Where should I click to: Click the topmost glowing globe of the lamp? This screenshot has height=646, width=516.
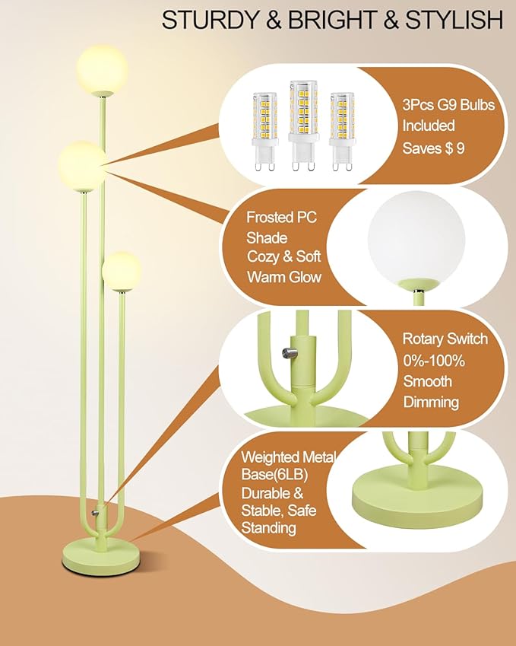[102, 68]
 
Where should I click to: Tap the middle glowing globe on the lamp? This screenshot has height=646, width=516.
[83, 164]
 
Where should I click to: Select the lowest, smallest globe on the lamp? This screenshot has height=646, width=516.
[122, 271]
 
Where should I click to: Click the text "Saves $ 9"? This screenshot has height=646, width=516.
[433, 148]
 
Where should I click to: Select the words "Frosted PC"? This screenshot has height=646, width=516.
[281, 218]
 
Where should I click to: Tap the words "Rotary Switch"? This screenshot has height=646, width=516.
[445, 339]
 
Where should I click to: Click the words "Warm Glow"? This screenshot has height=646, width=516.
[283, 277]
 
